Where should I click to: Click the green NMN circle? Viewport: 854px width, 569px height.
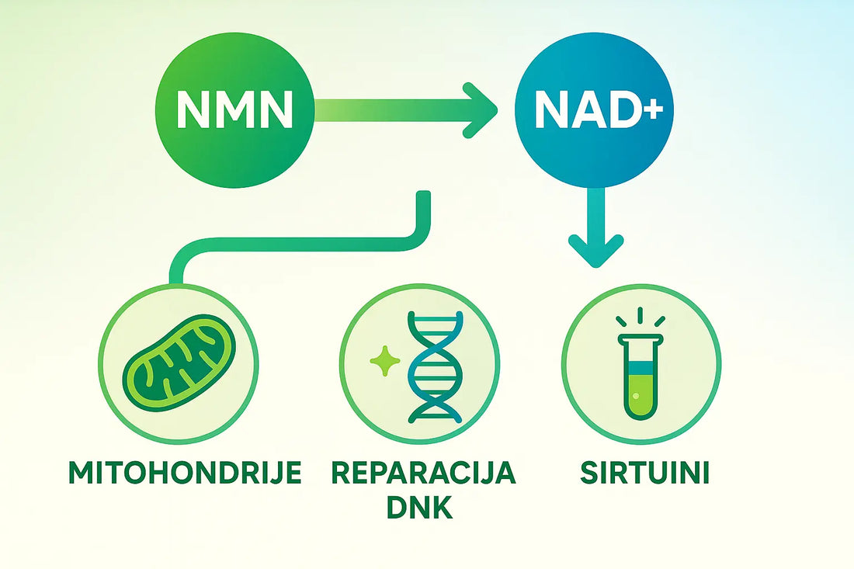pos(234,109)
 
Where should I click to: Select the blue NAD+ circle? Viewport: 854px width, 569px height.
pos(594,109)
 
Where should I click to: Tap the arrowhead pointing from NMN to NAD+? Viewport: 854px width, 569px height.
pos(480,110)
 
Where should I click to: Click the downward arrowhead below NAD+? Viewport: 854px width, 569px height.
pos(595,251)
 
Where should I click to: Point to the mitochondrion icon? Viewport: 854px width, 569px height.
pos(179,363)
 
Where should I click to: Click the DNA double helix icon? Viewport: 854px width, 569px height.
pos(435,367)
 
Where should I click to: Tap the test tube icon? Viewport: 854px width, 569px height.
pos(640,376)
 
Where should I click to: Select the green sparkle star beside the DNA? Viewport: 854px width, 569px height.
pos(385,361)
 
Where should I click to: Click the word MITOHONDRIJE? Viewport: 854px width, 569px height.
pos(186,473)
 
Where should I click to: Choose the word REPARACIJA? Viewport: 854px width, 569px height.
pos(423,473)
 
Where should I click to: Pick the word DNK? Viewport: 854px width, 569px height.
pos(419,507)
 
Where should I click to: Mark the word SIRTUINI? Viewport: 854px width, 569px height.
pos(645,473)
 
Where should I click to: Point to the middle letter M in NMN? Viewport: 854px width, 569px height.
pos(234,109)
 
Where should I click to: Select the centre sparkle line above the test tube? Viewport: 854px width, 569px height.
pos(640,315)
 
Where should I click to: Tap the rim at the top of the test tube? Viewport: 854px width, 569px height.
pos(640,338)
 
